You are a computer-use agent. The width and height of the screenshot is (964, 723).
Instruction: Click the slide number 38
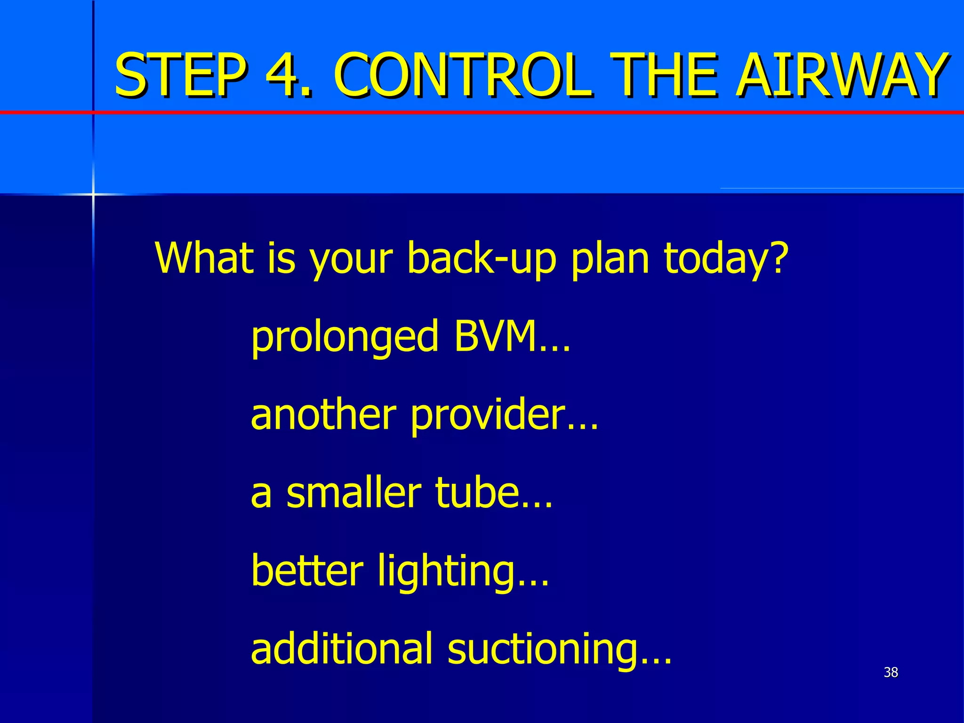tap(891, 672)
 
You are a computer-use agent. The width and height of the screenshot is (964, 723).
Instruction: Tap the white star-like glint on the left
tap(93, 193)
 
